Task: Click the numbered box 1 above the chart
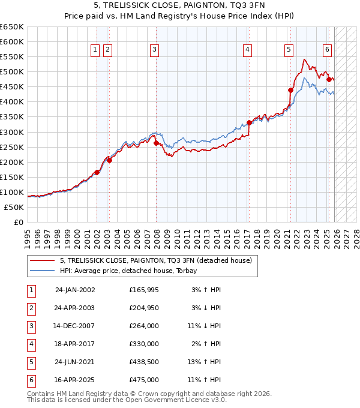(x=95, y=50)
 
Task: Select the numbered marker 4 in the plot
(x=247, y=50)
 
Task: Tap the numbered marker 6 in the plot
(x=327, y=50)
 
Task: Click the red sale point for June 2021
(x=290, y=90)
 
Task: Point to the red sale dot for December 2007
(x=156, y=143)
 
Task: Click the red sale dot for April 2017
(x=249, y=123)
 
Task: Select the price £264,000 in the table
(x=144, y=326)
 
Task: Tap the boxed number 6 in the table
(x=31, y=380)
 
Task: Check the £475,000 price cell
(x=144, y=380)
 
